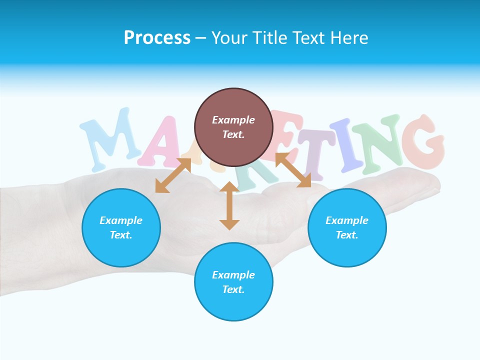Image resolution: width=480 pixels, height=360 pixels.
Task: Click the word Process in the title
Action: coord(157,38)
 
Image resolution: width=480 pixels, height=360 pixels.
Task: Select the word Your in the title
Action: coord(229,38)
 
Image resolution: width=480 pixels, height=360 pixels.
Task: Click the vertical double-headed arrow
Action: coord(229,205)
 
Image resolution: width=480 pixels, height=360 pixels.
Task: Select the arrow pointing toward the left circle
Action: coord(173,175)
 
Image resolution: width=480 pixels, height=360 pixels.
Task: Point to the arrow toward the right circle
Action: coord(293,170)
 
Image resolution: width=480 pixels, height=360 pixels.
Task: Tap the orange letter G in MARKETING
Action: coord(424,142)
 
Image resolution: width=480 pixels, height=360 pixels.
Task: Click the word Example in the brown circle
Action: coord(233,120)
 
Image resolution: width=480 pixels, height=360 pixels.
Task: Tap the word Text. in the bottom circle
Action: coord(233,289)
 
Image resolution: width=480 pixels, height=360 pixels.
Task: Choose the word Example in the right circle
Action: coord(347,220)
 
